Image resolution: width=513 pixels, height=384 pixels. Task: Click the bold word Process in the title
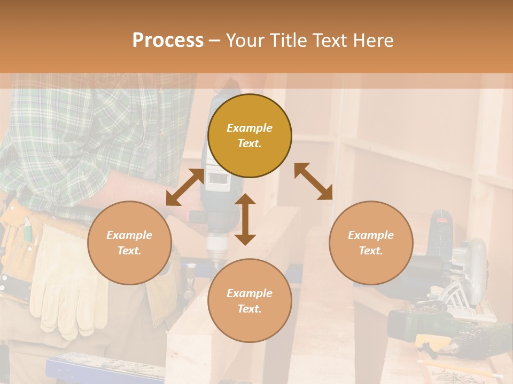pos(168,41)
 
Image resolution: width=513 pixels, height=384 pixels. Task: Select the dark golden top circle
pos(250,135)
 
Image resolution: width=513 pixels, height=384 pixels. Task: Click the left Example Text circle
pos(129,243)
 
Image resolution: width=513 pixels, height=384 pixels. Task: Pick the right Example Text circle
pos(371,243)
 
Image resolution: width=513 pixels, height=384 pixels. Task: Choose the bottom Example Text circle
pos(250,300)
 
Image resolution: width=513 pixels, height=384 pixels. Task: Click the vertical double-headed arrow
pos(245,220)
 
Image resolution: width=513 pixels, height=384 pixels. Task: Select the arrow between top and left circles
pos(184,187)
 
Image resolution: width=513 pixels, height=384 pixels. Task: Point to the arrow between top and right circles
pos(314,181)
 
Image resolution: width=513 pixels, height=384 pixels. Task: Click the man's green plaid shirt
pos(80,133)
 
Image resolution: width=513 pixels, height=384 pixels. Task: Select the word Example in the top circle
pos(250,128)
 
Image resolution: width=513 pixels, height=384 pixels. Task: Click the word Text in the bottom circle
pos(250,309)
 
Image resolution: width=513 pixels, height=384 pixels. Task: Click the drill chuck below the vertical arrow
pos(216,251)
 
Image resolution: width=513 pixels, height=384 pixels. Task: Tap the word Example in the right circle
pos(371,235)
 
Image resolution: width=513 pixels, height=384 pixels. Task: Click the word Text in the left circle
pos(129,251)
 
